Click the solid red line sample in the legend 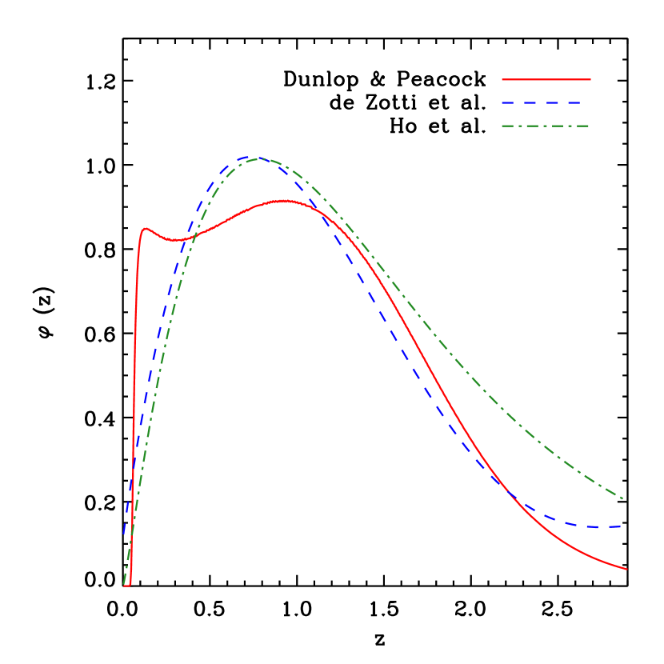[x=546, y=80]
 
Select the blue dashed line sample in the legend [x=541, y=103]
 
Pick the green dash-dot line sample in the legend [x=545, y=126]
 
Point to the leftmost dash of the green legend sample [x=510, y=126]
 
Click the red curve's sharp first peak [x=145, y=229]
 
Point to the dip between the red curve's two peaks [x=177, y=240]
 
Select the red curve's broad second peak [x=283, y=201]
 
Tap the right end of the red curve [x=626, y=569]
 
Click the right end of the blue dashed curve [x=621, y=526]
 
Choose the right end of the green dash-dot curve [x=623, y=499]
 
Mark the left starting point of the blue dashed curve [x=124, y=531]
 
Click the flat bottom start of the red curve [x=127, y=585]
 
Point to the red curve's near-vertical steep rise [x=134, y=400]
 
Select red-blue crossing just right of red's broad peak [x=314, y=207]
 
